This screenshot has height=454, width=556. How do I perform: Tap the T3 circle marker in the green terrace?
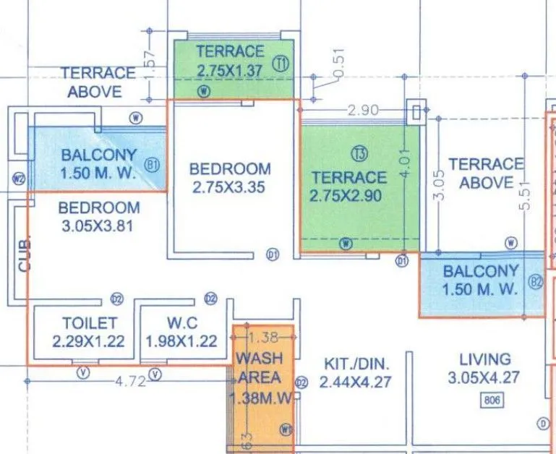pyautogui.click(x=360, y=153)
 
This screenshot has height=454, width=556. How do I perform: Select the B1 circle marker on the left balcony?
pyautogui.click(x=152, y=165)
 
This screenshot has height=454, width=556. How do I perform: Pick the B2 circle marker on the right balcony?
pyautogui.click(x=536, y=282)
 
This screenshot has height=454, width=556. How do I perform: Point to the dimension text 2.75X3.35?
pyautogui.click(x=230, y=187)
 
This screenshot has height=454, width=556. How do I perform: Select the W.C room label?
pyautogui.click(x=181, y=323)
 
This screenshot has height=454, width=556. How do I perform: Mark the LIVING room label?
pyautogui.click(x=484, y=359)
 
